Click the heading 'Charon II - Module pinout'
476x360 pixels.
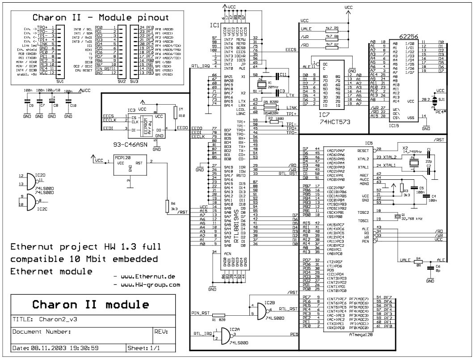tap(101, 18)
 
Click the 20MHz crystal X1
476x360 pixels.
tap(261, 84)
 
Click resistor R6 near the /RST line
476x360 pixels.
tap(168, 207)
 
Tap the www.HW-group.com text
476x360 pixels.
tap(152, 284)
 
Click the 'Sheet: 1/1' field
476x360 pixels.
tap(144, 347)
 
